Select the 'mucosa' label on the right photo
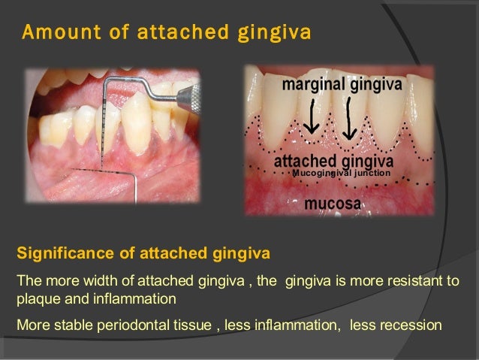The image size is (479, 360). [333, 203]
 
